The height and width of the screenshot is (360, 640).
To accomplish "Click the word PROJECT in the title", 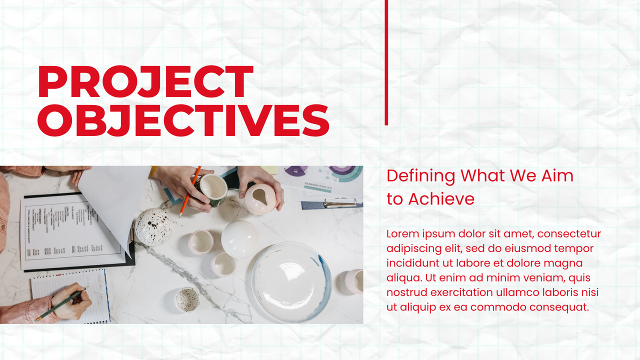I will pos(145,82).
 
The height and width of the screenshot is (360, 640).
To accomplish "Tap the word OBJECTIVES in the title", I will pos(183,120).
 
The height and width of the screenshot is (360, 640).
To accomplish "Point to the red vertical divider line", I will pos(386,62).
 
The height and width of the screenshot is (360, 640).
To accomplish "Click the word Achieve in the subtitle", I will pos(441,199).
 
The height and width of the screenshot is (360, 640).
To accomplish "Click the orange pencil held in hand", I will pos(189,192).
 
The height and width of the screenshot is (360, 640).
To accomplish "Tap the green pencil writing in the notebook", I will pos(60,305).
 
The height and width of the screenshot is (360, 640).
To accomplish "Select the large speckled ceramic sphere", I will pos(153,227).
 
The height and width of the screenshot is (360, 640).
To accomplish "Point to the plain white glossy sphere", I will pos(240,238).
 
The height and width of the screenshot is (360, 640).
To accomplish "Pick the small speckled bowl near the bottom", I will pos(187,299).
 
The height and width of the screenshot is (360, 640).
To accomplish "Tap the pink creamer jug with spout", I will pos(259,199).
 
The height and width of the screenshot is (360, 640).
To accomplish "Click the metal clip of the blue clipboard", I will pos(340,202).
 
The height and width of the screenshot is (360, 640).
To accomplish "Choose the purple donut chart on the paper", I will pos(295,170).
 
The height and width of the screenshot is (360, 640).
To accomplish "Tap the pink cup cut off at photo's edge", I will pos(354,281).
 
